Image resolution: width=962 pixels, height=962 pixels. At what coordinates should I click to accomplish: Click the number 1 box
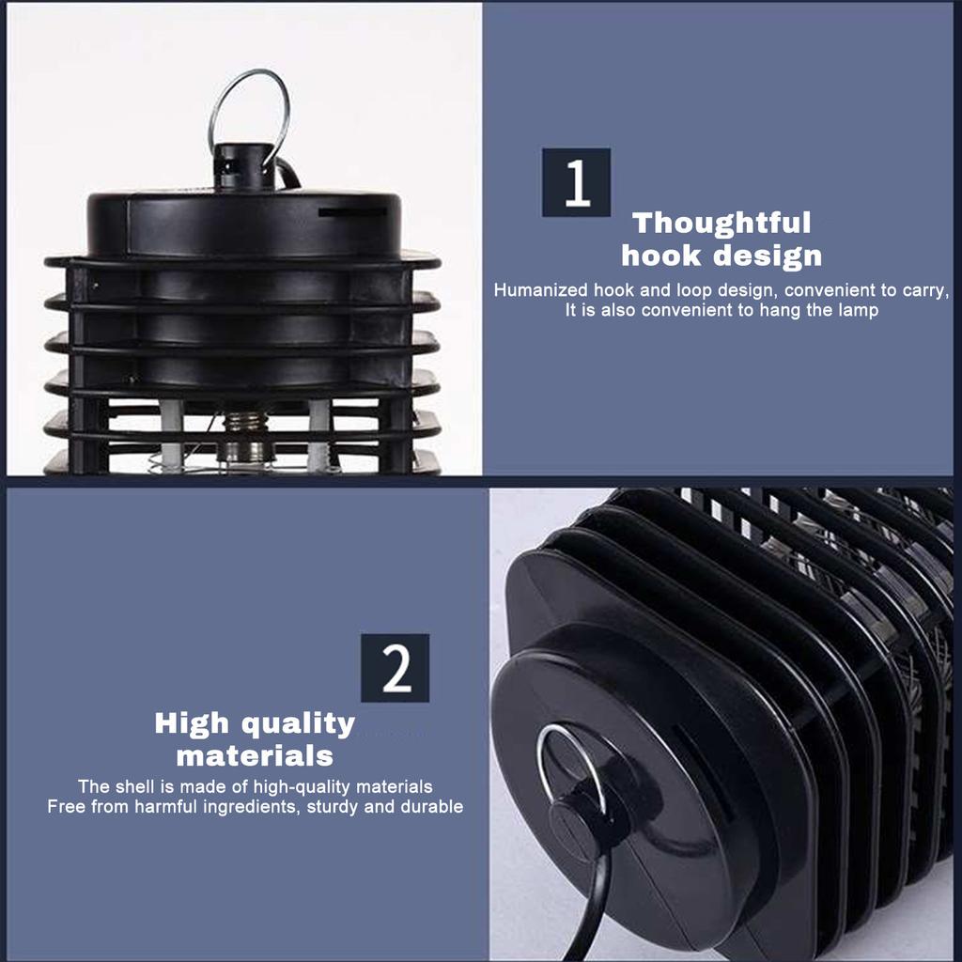[x=576, y=182]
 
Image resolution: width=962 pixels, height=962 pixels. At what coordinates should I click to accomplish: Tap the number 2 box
[x=396, y=668]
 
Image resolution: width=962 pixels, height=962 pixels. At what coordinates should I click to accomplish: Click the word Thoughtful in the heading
[x=721, y=224]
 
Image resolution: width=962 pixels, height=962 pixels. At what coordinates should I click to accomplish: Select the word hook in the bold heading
[x=660, y=256]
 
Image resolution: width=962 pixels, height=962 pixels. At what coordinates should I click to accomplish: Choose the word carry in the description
[x=924, y=291]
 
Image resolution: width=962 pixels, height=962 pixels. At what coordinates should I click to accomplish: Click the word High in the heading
[x=192, y=724]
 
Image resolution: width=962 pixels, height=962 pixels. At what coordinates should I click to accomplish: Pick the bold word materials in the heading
[x=255, y=756]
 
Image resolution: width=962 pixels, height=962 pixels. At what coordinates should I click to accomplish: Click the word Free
[x=66, y=806]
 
